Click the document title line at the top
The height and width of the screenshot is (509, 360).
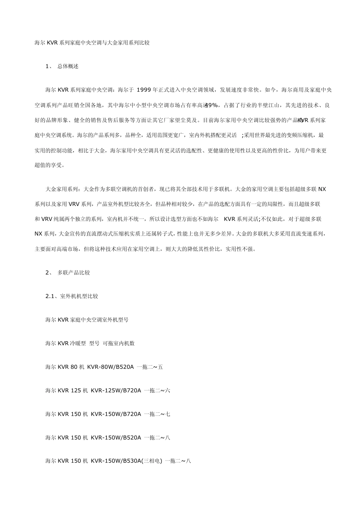(x=92, y=43)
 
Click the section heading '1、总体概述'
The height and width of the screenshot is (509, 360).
(x=62, y=66)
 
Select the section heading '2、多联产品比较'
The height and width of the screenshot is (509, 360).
(x=68, y=272)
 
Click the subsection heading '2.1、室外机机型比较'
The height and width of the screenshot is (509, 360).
(x=72, y=296)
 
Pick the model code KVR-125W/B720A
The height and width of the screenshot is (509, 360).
(x=116, y=390)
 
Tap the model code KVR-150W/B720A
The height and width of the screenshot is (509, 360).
(x=116, y=414)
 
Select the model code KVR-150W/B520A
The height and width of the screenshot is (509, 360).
(x=116, y=437)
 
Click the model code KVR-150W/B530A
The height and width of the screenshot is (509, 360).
(x=116, y=461)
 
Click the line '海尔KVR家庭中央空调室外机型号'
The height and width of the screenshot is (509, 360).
(x=87, y=320)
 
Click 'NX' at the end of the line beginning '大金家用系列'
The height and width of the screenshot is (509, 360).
(x=322, y=189)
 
